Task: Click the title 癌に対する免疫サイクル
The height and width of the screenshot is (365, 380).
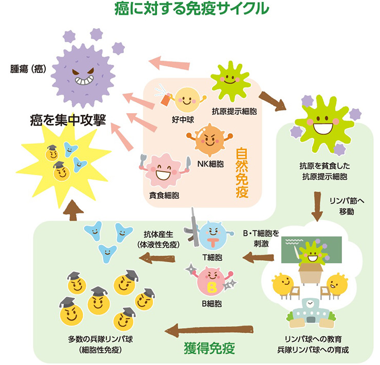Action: [191, 9]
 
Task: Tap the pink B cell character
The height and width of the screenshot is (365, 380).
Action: [211, 281]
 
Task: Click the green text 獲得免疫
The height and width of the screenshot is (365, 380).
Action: [209, 349]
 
